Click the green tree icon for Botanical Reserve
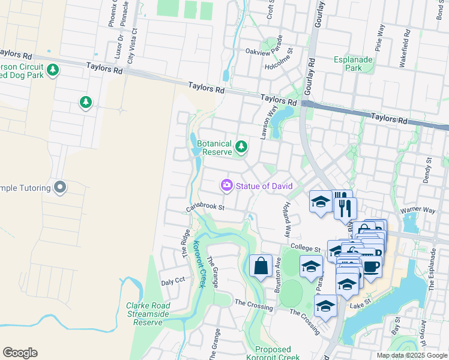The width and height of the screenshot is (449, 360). point(241,146)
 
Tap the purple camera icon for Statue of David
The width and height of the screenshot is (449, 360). point(227,186)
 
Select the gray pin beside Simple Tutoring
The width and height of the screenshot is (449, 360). point(59,188)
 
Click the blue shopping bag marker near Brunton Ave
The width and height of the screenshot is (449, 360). point(261,266)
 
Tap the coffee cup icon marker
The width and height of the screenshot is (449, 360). point(370,266)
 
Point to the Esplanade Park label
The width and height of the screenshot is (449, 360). point(354,64)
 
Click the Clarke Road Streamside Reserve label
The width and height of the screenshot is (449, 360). point(148,314)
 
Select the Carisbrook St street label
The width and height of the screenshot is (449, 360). point(205,207)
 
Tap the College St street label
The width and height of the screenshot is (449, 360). point(303,247)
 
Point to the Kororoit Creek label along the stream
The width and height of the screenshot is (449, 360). point(199,264)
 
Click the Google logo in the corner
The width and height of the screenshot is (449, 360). point(20,353)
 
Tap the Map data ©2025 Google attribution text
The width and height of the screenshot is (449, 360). point(411,355)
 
